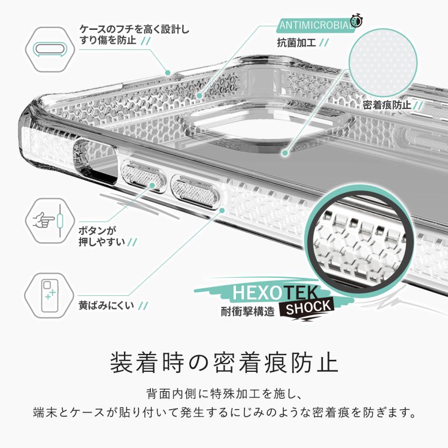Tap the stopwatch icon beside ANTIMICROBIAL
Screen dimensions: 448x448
click(356, 20)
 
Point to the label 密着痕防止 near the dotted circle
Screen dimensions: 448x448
click(387, 105)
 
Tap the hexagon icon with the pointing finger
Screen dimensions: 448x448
click(49, 220)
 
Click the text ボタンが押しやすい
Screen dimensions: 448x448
click(103, 236)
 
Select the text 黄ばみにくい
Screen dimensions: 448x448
click(107, 305)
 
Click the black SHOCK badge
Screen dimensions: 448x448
click(308, 307)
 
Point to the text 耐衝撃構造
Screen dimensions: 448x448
click(247, 313)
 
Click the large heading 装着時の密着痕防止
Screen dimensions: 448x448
click(224, 362)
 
